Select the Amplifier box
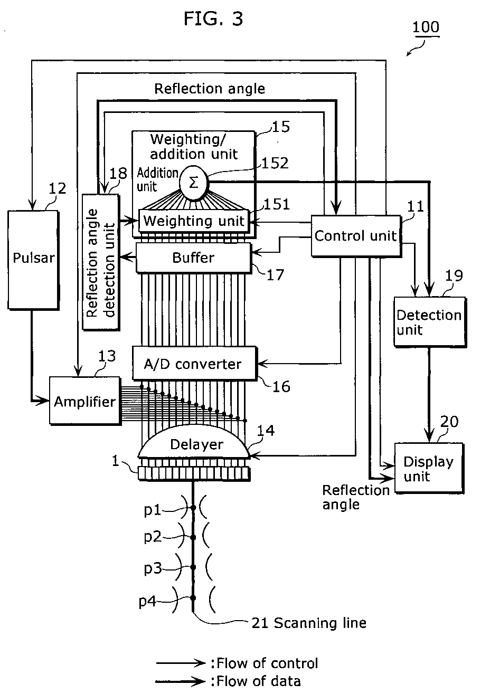click(85, 401)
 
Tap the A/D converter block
click(194, 364)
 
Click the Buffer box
click(194, 258)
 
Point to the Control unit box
click(355, 236)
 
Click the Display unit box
click(429, 469)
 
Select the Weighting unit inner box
click(194, 220)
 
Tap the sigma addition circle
click(193, 183)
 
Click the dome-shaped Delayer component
click(193, 445)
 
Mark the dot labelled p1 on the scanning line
click(193, 508)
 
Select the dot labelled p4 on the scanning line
click(193, 598)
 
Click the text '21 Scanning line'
click(308, 623)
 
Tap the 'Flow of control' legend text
click(267, 663)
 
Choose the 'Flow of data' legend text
click(259, 681)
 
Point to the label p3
click(153, 568)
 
